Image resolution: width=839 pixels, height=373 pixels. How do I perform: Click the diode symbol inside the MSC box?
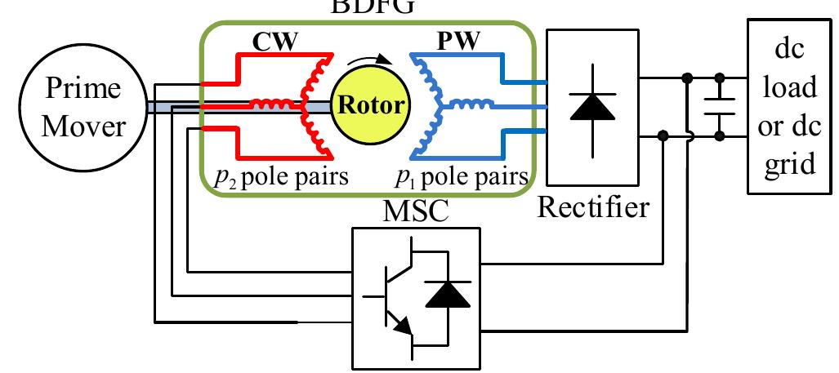[449, 295]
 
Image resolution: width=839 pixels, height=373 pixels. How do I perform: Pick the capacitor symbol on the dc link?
[720, 106]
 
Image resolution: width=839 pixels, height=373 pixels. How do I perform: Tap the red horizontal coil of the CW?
[274, 105]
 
